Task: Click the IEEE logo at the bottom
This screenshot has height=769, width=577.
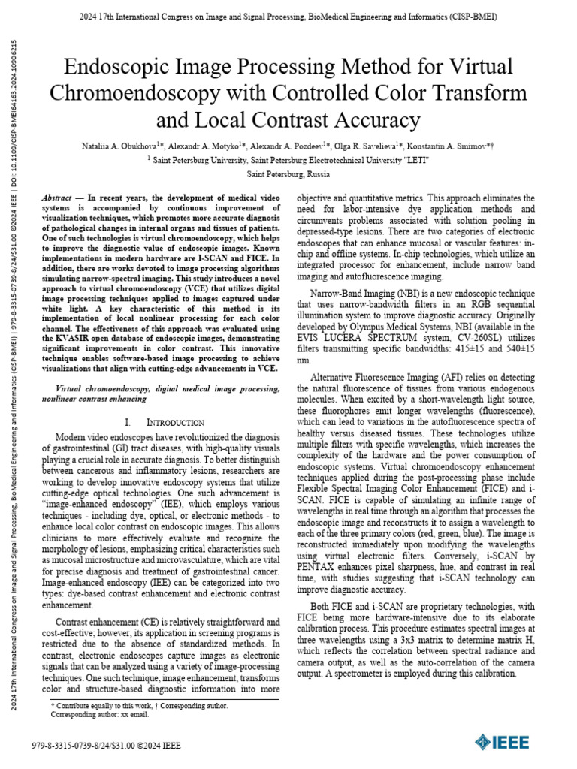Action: [x=501, y=742]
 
